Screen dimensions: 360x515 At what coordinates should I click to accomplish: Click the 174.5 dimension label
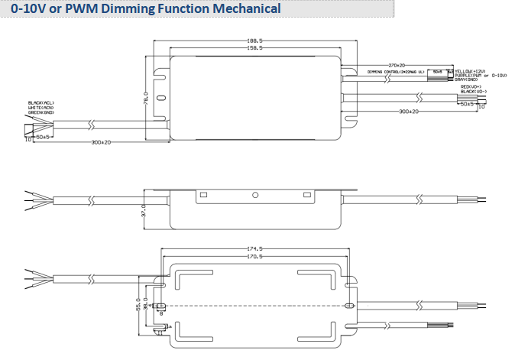(x=255, y=249)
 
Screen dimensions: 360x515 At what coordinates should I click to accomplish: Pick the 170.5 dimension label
(x=255, y=257)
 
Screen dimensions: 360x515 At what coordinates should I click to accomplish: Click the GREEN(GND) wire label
(x=40, y=112)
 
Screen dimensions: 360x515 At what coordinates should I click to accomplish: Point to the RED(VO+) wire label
(x=471, y=87)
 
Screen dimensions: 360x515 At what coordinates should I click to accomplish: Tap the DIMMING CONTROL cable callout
(x=395, y=71)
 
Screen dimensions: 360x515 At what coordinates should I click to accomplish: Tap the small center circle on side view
(x=255, y=195)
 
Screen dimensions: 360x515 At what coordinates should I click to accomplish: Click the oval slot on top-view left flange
(x=160, y=99)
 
